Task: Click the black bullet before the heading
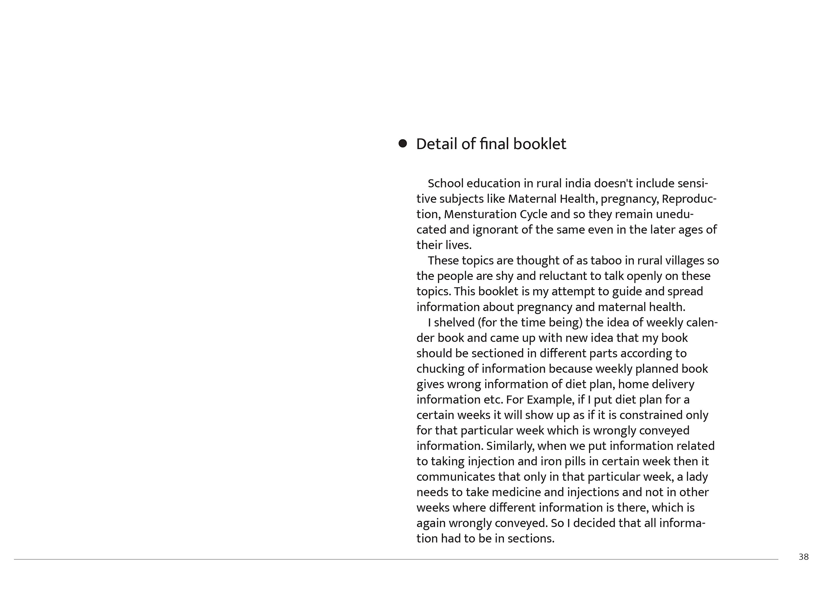(x=402, y=144)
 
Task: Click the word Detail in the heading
(x=436, y=144)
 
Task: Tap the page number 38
(x=803, y=557)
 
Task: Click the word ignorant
(x=495, y=230)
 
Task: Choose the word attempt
(x=572, y=292)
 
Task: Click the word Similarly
(x=510, y=446)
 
